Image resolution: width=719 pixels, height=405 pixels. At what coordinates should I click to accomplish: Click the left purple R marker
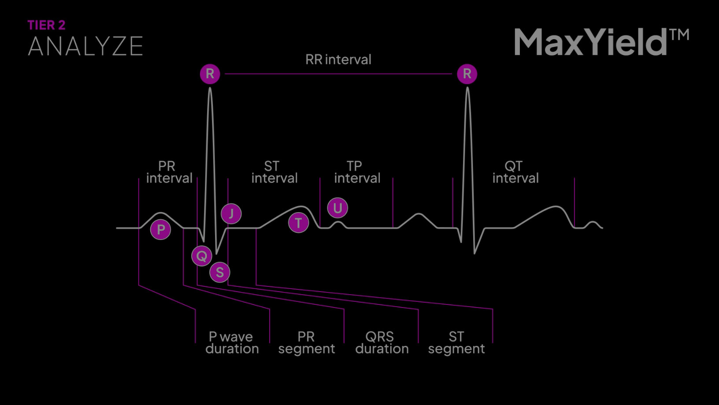210,74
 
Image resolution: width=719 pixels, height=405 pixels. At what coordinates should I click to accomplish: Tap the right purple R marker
467,74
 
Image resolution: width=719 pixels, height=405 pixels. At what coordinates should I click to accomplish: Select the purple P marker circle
161,229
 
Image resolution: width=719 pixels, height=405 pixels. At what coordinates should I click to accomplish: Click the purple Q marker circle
202,256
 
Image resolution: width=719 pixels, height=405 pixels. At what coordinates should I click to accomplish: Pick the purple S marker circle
219,272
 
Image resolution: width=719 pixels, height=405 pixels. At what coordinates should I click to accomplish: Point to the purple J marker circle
231,214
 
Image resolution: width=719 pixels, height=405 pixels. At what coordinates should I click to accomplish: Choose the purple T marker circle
298,223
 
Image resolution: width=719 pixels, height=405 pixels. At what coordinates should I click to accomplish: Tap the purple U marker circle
337,208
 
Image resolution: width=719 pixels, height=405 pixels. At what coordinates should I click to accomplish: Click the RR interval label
338,60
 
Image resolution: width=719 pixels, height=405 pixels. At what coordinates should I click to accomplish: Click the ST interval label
274,172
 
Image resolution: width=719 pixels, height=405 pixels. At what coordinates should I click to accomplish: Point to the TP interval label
357,172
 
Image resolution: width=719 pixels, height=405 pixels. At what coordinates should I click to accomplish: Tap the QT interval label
515,172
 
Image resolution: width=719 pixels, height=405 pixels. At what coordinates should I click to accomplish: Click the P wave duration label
232,343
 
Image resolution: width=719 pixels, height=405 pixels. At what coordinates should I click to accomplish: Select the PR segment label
306,343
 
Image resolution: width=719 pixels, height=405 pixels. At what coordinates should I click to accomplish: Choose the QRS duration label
382,343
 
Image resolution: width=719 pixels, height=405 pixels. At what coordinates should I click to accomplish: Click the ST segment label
456,343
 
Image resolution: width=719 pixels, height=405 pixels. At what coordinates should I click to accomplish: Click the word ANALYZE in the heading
85,46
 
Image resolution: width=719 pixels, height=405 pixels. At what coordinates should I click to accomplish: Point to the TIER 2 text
46,25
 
